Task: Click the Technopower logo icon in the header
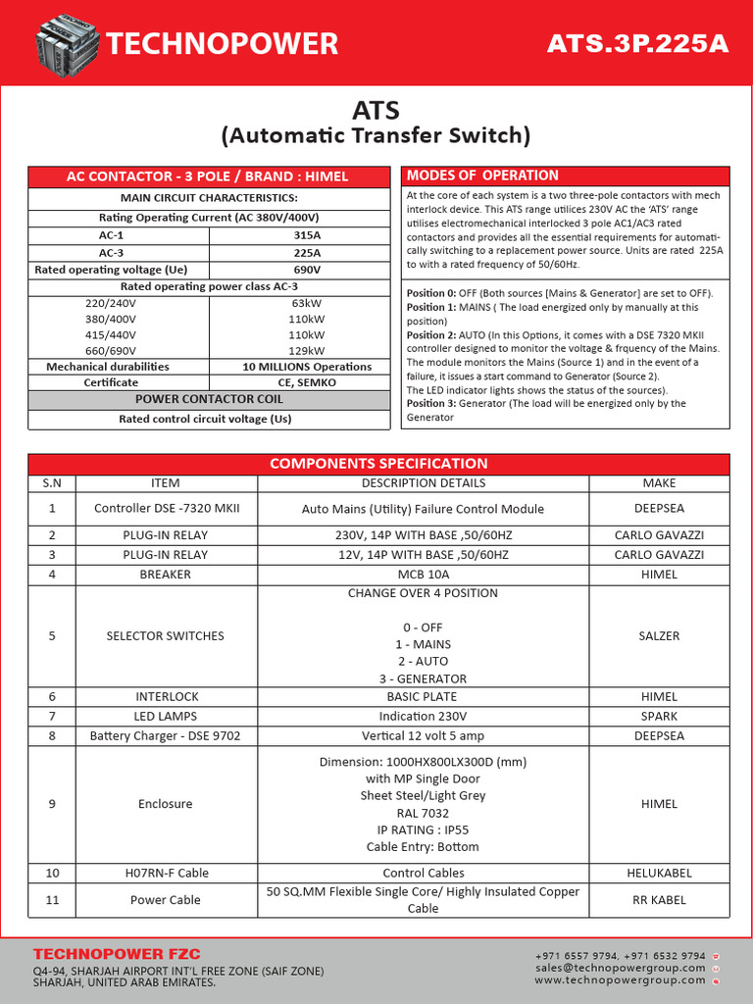(66, 44)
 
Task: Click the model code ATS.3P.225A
(637, 44)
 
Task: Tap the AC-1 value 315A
(307, 236)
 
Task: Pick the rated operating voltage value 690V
(307, 270)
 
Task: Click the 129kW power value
(307, 351)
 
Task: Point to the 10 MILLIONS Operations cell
(307, 367)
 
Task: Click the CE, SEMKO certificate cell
(307, 382)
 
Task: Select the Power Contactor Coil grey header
(209, 399)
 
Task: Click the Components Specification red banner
(378, 464)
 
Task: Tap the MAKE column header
(659, 482)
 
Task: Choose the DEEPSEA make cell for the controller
(659, 508)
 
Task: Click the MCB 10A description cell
(423, 575)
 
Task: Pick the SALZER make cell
(659, 635)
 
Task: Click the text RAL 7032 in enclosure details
(423, 813)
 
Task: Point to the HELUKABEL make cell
(659, 873)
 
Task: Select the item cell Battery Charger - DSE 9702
(166, 735)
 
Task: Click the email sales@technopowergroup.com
(620, 967)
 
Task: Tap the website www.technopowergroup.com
(620, 979)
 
